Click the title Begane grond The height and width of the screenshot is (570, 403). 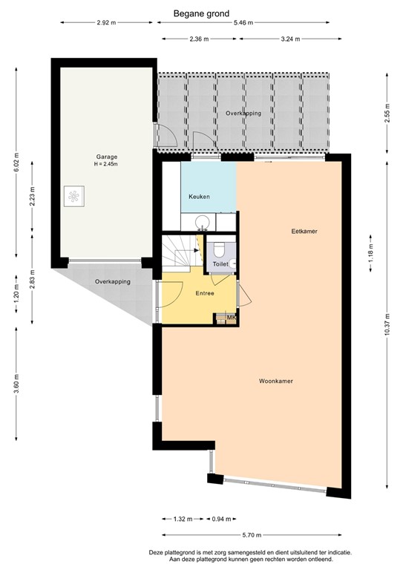(202, 13)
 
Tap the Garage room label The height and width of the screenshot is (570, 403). (106, 157)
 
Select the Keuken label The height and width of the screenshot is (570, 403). (199, 197)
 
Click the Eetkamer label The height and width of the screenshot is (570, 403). (304, 232)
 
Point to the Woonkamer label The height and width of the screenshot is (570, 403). (275, 381)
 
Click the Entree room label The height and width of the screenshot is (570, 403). (204, 293)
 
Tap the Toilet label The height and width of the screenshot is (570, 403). (220, 264)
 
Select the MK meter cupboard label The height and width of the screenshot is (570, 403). (231, 318)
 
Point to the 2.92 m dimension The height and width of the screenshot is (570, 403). (107, 23)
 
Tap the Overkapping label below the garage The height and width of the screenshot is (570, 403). (113, 282)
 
